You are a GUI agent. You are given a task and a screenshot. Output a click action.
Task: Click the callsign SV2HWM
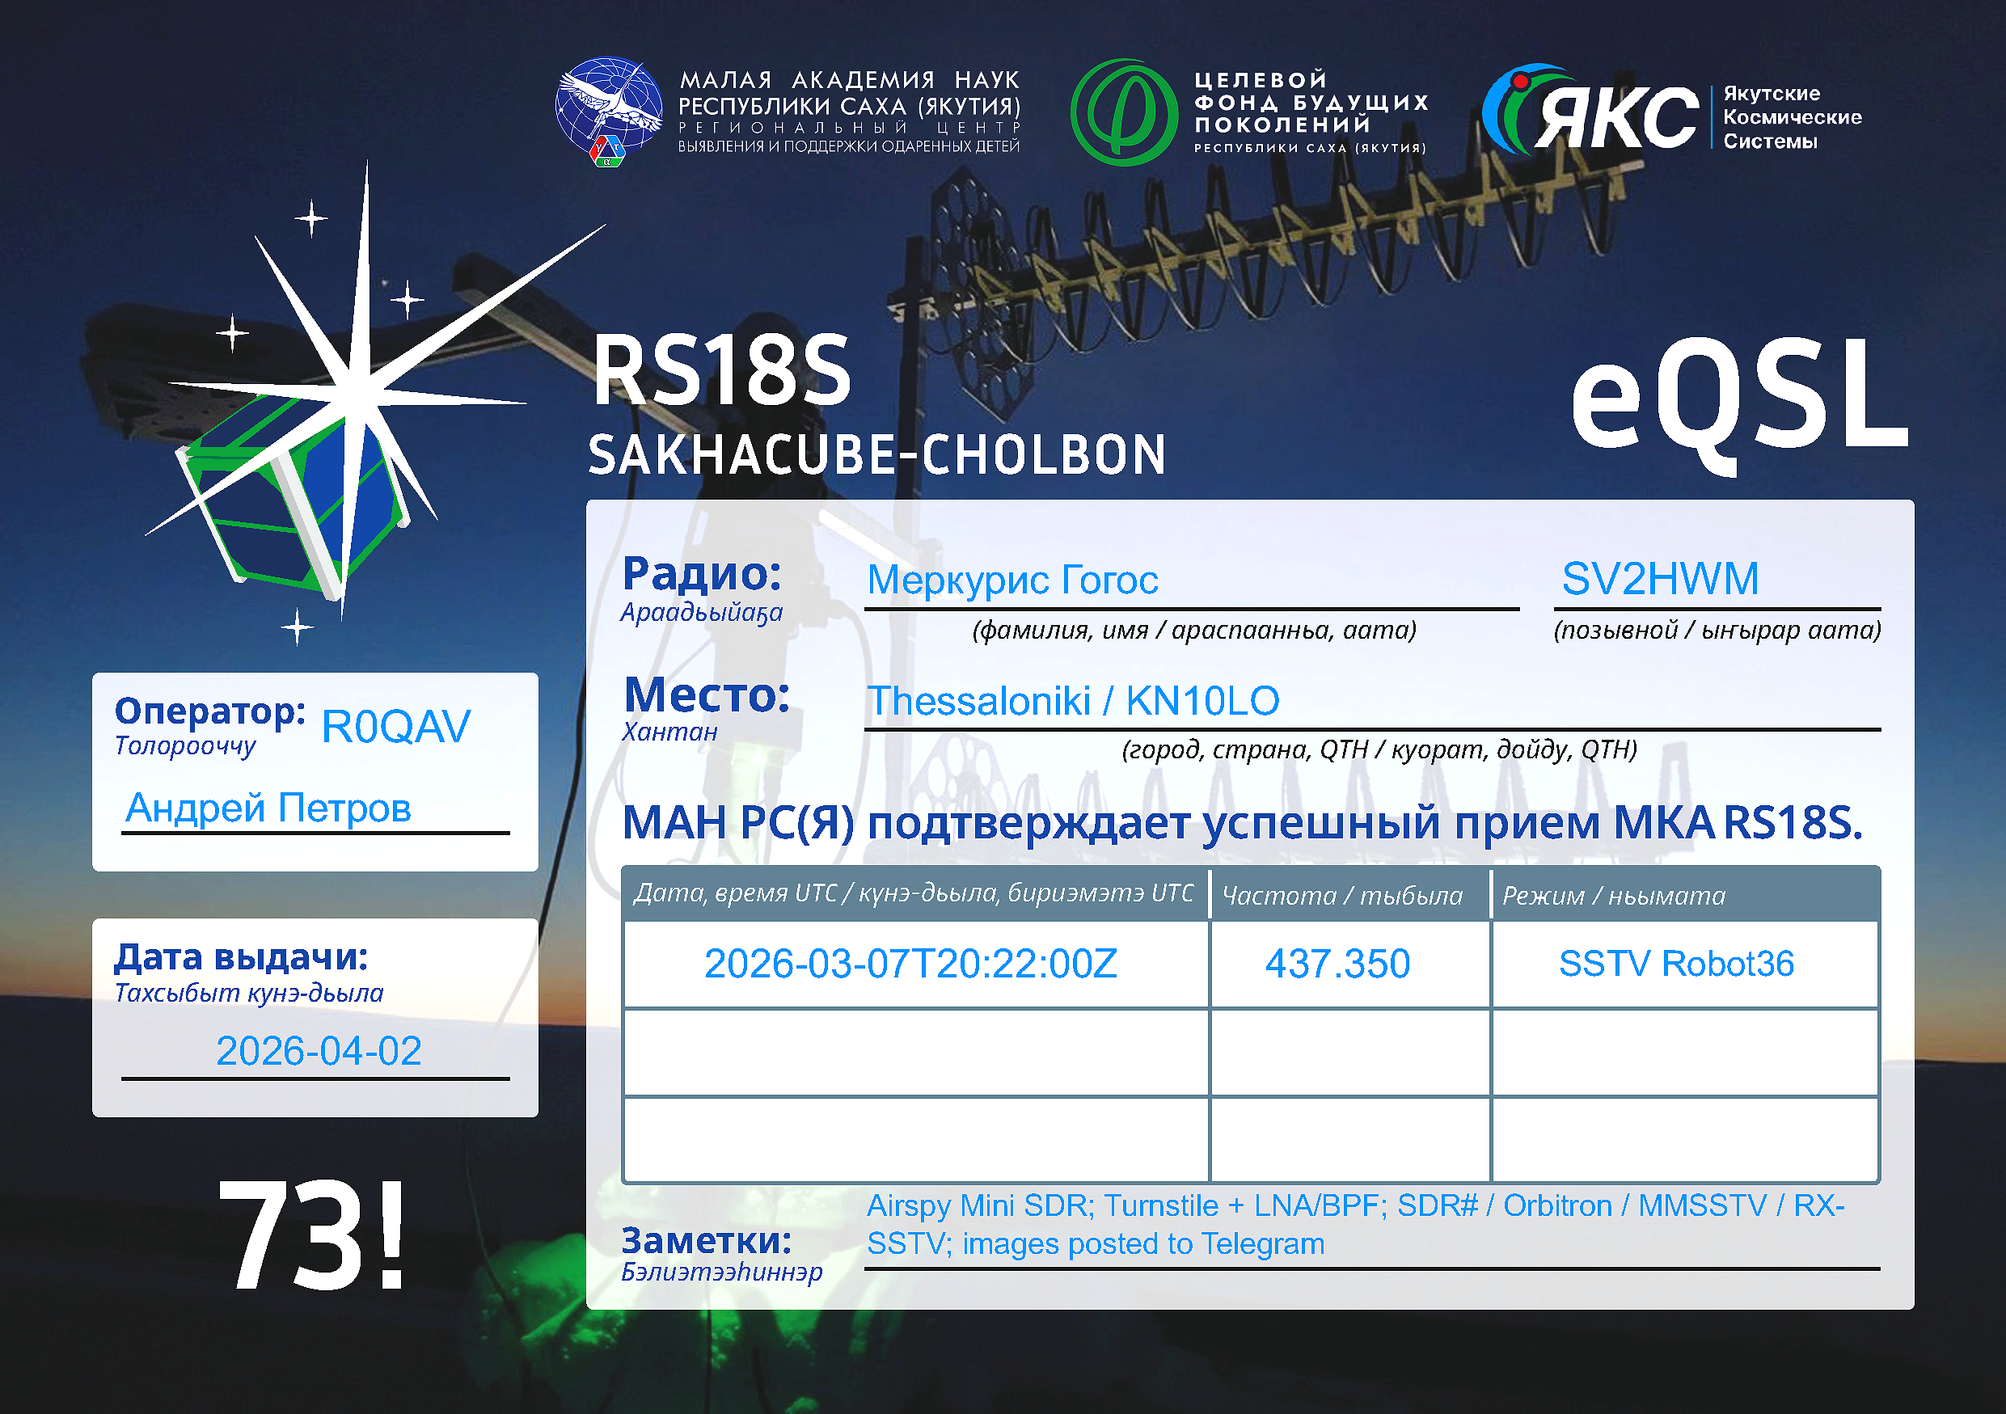(x=1659, y=579)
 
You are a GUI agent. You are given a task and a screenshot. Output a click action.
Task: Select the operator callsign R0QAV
(x=396, y=727)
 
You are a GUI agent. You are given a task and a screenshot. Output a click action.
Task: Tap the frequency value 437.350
(x=1337, y=964)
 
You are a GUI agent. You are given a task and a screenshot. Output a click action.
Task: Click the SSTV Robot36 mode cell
(x=1676, y=964)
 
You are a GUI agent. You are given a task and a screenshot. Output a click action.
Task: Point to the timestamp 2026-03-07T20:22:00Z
(x=910, y=964)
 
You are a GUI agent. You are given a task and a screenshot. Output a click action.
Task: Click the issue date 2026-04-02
(x=319, y=1052)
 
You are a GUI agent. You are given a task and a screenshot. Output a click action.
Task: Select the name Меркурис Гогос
(x=1012, y=580)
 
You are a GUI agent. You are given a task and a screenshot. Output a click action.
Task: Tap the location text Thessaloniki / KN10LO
(x=1073, y=701)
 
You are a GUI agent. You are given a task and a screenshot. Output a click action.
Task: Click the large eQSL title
(x=1738, y=403)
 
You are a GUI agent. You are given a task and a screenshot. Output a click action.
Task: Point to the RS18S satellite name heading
(x=722, y=371)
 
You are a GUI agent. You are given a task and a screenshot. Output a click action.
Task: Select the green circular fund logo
(x=1125, y=112)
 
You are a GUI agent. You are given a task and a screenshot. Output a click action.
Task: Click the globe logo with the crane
(x=609, y=112)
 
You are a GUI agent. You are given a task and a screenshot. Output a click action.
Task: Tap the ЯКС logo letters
(x=1616, y=117)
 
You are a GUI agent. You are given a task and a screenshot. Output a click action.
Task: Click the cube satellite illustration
(x=293, y=493)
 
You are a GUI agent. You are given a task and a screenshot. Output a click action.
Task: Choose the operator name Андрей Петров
(x=268, y=808)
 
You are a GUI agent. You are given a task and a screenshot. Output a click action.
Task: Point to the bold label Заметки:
(x=707, y=1240)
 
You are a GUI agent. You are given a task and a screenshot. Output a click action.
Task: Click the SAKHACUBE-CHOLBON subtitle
(x=877, y=455)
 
